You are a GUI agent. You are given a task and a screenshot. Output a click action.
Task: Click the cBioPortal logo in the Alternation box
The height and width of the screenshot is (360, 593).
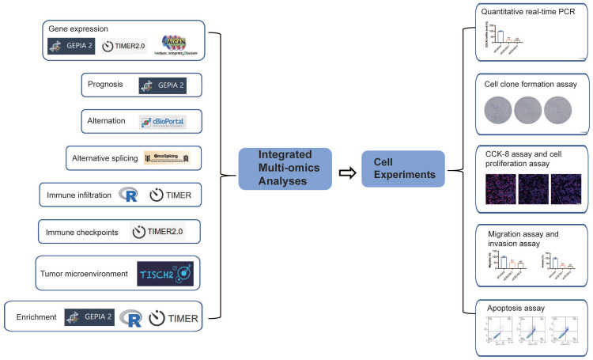coord(160,122)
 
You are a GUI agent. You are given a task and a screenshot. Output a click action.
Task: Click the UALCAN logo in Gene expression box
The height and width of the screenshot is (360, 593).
coord(176,45)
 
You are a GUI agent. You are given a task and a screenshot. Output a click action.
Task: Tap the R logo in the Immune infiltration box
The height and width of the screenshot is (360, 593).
coord(129,195)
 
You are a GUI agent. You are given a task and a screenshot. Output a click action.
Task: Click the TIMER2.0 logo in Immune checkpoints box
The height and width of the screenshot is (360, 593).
coord(161,231)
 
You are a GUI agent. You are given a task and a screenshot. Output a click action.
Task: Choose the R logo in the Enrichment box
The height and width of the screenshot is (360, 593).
coord(131,318)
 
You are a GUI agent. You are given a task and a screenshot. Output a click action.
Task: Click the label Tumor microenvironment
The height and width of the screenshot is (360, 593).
coord(84,273)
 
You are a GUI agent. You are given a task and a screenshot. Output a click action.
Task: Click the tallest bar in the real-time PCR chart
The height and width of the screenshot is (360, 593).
coord(500,35)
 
